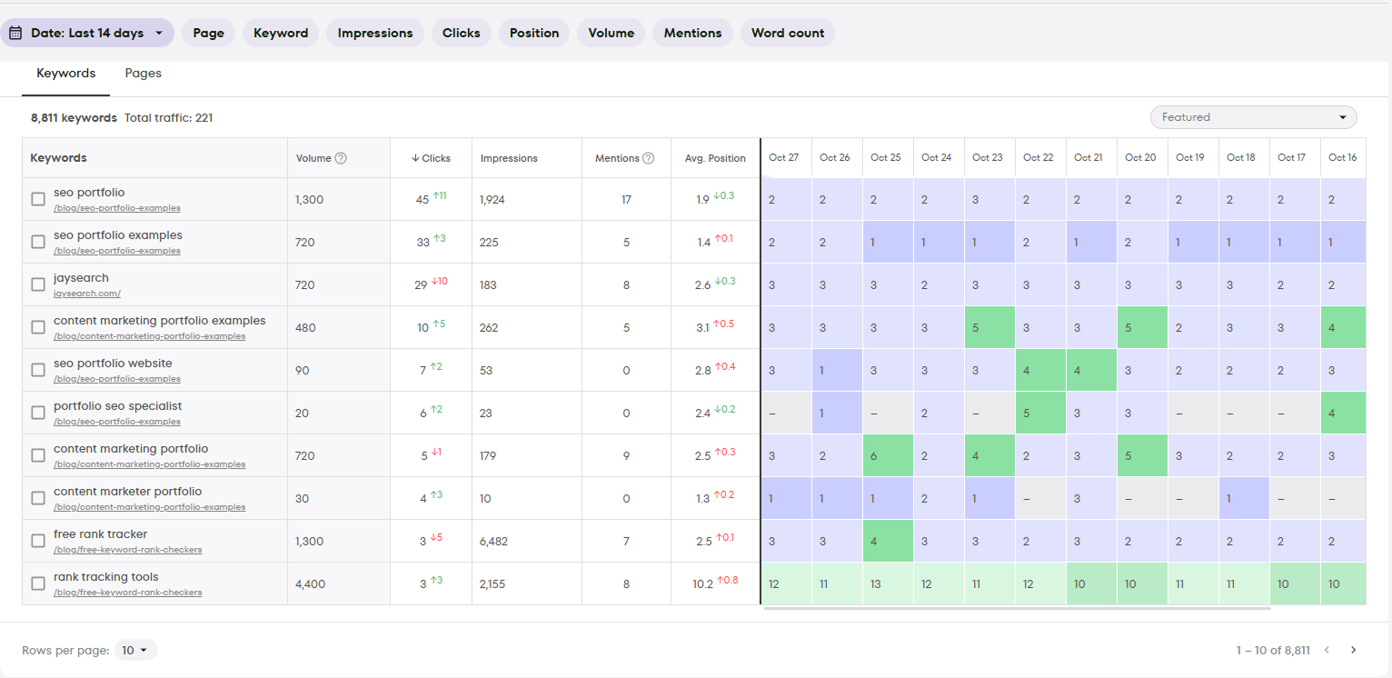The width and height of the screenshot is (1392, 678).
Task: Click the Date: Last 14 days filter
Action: (87, 33)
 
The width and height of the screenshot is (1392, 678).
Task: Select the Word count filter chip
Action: (787, 33)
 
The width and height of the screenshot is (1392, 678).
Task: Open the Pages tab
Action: (143, 74)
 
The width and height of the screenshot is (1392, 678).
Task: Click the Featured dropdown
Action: (1253, 117)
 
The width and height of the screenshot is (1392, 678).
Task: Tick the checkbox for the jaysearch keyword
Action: (38, 284)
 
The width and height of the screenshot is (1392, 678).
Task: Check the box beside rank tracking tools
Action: (38, 583)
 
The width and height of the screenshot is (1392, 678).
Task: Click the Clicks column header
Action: (432, 158)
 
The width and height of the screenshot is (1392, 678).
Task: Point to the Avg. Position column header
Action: (715, 158)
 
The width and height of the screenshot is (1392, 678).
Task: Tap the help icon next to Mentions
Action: (649, 158)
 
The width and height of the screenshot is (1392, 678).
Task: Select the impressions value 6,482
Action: (493, 542)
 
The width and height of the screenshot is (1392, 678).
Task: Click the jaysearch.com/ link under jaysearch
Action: (87, 294)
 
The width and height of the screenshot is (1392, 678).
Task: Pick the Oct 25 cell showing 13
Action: (876, 584)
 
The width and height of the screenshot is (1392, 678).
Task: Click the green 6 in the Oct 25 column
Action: (874, 456)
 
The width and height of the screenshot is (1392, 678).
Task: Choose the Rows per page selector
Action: (135, 650)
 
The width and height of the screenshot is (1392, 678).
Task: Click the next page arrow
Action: (1353, 650)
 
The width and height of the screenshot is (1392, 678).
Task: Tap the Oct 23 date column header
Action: (988, 158)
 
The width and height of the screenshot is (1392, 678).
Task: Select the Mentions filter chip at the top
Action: (692, 33)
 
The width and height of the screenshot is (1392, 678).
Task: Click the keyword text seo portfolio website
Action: (113, 364)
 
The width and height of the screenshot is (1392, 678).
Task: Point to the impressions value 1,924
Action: (493, 200)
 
